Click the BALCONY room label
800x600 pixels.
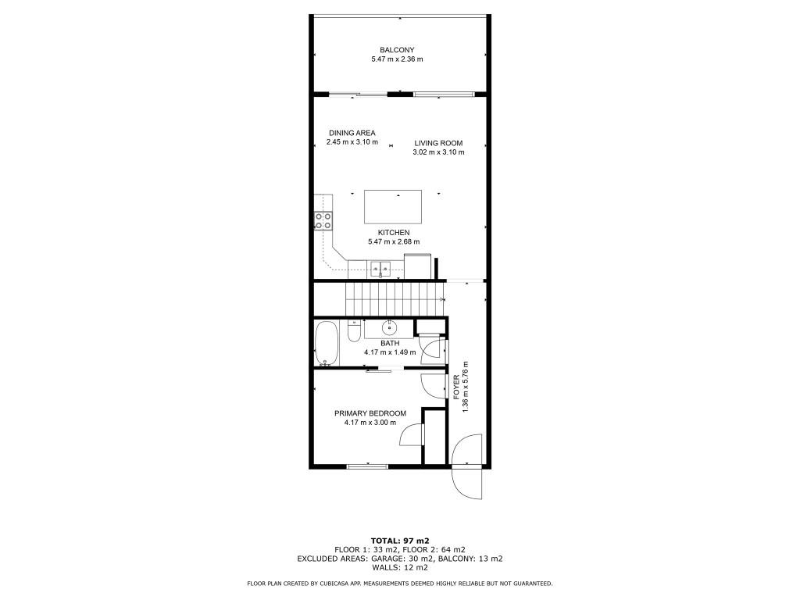(397, 50)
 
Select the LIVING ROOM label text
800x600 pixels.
(438, 143)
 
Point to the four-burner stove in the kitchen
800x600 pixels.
(323, 220)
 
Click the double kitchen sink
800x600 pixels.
(381, 270)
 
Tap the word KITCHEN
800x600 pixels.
(394, 233)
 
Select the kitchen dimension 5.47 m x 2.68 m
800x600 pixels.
(394, 242)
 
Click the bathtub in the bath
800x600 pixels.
(326, 344)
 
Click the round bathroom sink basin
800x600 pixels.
(389, 328)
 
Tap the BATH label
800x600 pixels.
(390, 343)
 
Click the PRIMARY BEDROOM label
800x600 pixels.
(370, 413)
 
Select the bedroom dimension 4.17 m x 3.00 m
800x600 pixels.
(370, 423)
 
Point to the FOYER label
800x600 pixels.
(457, 387)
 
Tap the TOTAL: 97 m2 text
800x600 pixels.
(399, 541)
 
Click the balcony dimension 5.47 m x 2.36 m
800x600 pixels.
(397, 59)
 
